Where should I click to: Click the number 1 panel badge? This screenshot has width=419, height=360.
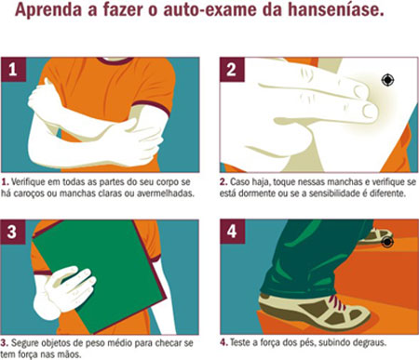pyautogui.click(x=13, y=70)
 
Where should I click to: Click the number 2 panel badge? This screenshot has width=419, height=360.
pyautogui.click(x=232, y=70)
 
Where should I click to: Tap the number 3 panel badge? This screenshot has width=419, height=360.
pyautogui.click(x=12, y=232)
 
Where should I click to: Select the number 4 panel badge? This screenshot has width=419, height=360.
pyautogui.click(x=233, y=232)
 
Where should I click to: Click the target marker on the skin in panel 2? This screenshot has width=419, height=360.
pyautogui.click(x=387, y=80)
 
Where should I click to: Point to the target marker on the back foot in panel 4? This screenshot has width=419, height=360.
pyautogui.click(x=387, y=242)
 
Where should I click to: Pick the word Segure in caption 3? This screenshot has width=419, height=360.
pyautogui.click(x=24, y=343)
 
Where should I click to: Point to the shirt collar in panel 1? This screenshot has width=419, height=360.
pyautogui.click(x=115, y=60)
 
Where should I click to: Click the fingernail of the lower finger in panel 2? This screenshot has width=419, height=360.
pyautogui.click(x=370, y=111)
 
